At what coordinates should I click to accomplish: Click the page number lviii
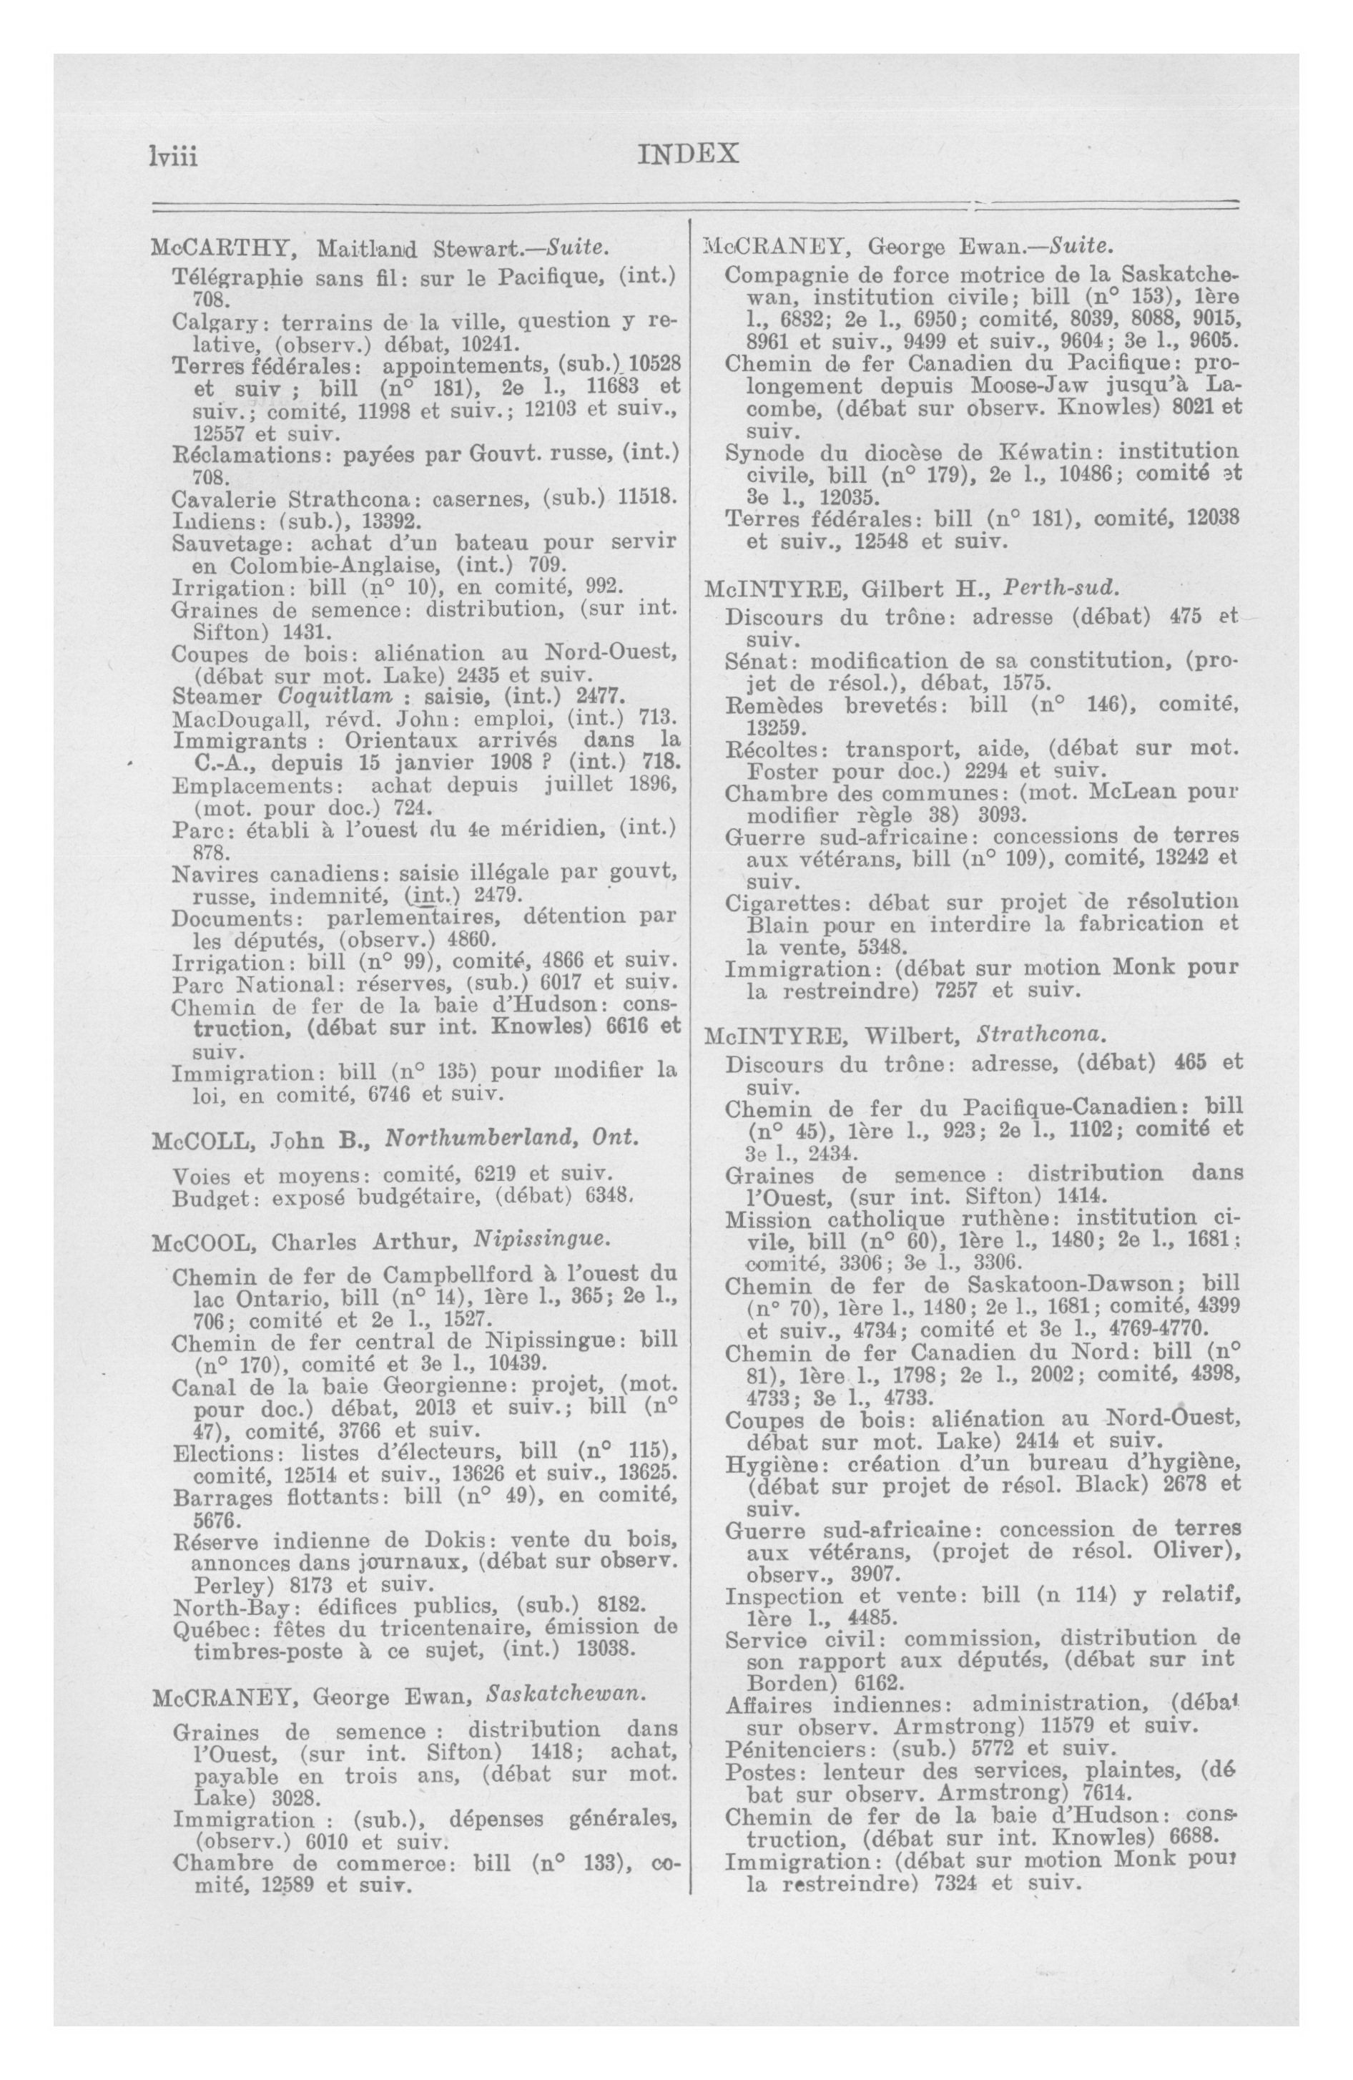tap(174, 157)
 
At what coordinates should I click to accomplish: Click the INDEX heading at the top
tap(689, 154)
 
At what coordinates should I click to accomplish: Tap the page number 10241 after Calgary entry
tap(496, 342)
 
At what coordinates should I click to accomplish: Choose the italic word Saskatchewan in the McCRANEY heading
tap(566, 1693)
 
